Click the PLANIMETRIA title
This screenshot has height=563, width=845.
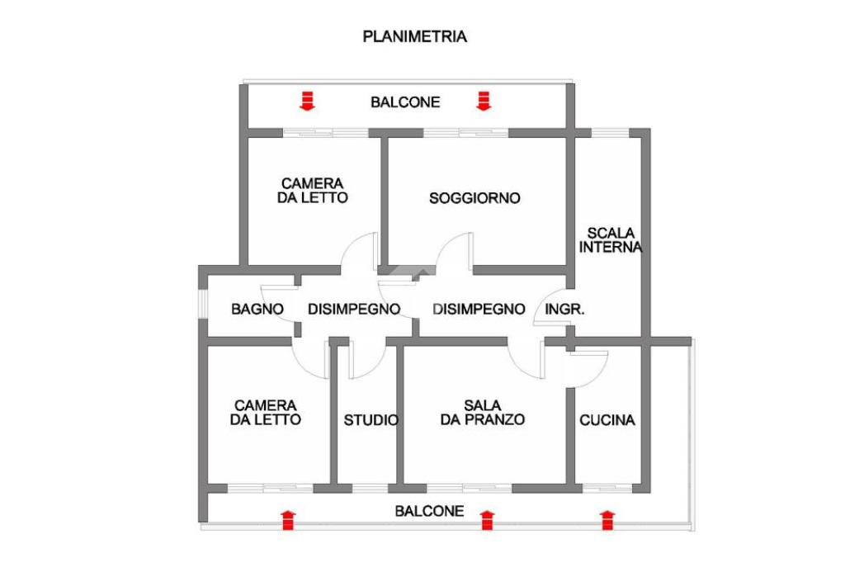pyautogui.click(x=415, y=36)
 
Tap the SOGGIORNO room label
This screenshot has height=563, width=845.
pyautogui.click(x=474, y=198)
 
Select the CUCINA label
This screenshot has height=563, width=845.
pyautogui.click(x=607, y=420)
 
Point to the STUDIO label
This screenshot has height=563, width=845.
pyautogui.click(x=371, y=420)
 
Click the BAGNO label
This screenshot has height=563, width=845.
pyautogui.click(x=257, y=310)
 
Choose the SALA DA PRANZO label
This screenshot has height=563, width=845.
pyautogui.click(x=483, y=412)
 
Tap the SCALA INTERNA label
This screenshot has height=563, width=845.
pyautogui.click(x=611, y=239)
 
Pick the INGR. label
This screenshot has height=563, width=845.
pyautogui.click(x=566, y=310)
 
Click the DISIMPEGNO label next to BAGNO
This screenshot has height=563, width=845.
pyautogui.click(x=354, y=310)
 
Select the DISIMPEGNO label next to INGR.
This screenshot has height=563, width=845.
pyautogui.click(x=479, y=310)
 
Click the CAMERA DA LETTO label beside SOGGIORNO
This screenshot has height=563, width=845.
pyautogui.click(x=313, y=191)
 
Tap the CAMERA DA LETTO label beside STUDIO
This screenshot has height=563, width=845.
pyautogui.click(x=266, y=412)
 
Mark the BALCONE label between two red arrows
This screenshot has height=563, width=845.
pyautogui.click(x=405, y=102)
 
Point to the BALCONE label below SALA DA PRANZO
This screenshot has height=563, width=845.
pyautogui.click(x=429, y=511)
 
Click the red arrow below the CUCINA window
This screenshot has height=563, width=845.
pyautogui.click(x=607, y=520)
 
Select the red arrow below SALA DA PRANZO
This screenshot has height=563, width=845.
pyautogui.click(x=487, y=520)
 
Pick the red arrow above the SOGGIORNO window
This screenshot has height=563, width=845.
pyautogui.click(x=484, y=101)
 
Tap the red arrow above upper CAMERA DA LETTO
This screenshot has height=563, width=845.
pyautogui.click(x=307, y=101)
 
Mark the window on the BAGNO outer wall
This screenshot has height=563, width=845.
pyautogui.click(x=201, y=302)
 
